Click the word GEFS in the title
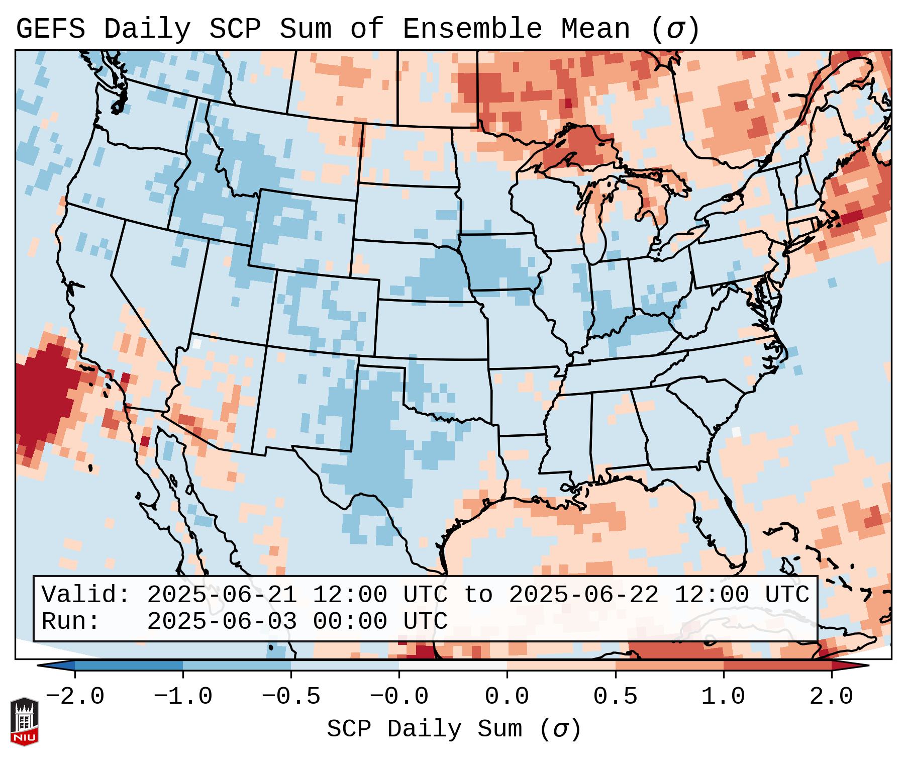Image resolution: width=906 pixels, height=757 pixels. pyautogui.click(x=50, y=29)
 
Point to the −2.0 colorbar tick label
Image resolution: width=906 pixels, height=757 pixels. pyautogui.click(x=75, y=697)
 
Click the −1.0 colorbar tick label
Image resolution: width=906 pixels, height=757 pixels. pyautogui.click(x=183, y=697)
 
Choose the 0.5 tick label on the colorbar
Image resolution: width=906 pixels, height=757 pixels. pyautogui.click(x=616, y=697)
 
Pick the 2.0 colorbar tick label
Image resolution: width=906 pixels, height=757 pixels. pyautogui.click(x=832, y=697)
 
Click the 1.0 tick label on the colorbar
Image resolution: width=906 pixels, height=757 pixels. pyautogui.click(x=724, y=697)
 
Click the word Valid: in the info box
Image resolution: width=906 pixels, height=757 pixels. pyautogui.click(x=86, y=595)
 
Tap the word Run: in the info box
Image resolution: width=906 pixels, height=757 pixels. pyautogui.click(x=71, y=621)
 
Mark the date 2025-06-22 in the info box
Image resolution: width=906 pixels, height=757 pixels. pyautogui.click(x=583, y=595)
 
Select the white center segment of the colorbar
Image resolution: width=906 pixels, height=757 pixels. pyautogui.click(x=453, y=666)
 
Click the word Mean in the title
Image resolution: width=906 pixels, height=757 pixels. pyautogui.click(x=595, y=29)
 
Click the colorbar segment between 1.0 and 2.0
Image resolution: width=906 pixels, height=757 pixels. pyautogui.click(x=777, y=666)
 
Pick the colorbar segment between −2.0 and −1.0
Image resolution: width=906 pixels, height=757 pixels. pyautogui.click(x=129, y=666)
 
